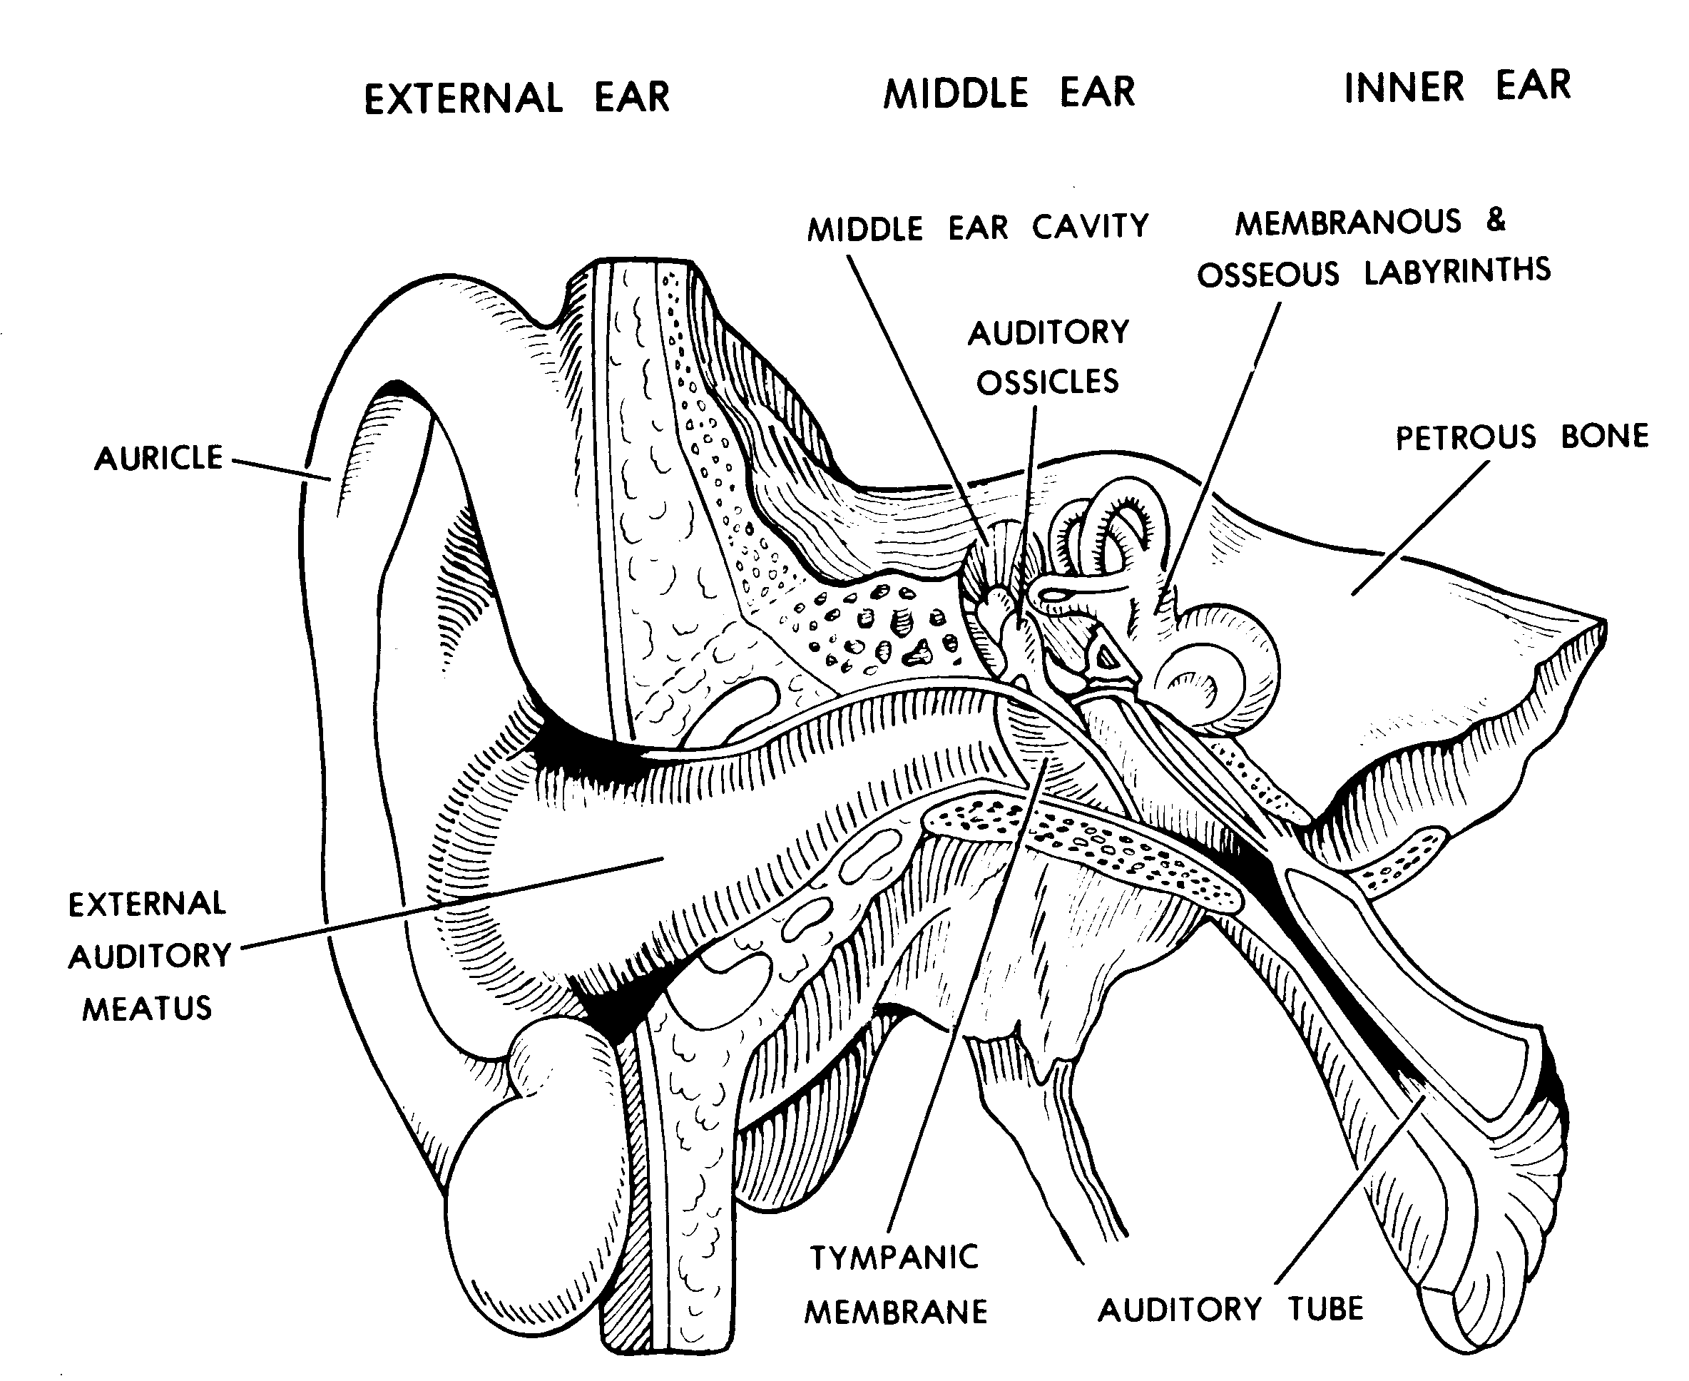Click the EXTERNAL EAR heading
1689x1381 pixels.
coord(516,98)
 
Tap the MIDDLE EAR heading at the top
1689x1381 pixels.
coord(1008,93)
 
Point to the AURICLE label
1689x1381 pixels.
coord(158,458)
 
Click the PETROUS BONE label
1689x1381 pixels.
coord(1521,437)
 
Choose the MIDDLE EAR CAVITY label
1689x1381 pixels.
coord(978,228)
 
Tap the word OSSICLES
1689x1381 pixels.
coord(1047,382)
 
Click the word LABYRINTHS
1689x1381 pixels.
coord(1456,271)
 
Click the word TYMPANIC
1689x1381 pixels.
coord(894,1258)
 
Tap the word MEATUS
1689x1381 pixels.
coord(147,1009)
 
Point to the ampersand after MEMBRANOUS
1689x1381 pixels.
coord(1496,220)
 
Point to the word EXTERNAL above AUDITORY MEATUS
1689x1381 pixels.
coord(147,904)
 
